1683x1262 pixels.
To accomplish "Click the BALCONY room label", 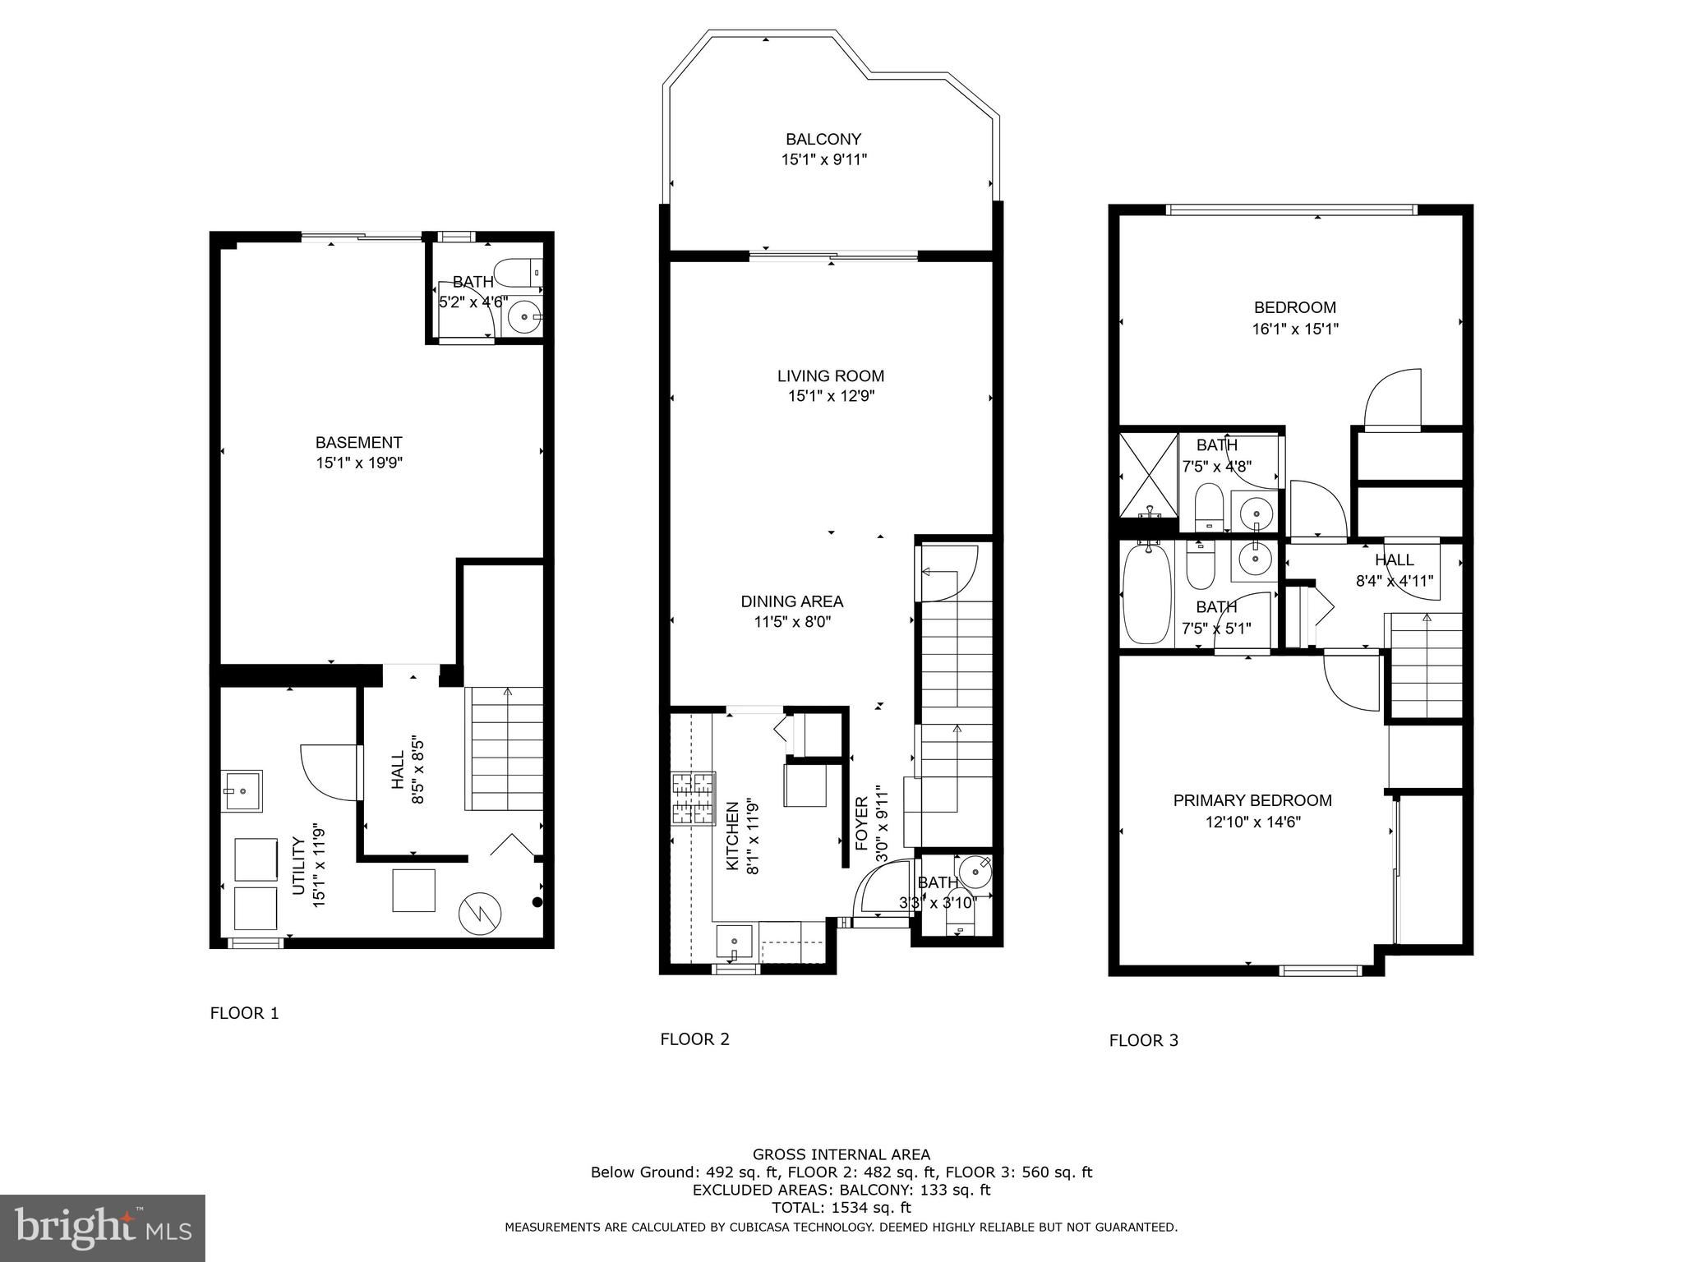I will (823, 140).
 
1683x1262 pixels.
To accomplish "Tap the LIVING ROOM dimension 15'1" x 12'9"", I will (831, 397).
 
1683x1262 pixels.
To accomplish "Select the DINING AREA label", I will (792, 601).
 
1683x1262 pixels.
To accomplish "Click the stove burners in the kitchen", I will (694, 798).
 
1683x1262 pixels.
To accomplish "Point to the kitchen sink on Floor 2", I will (734, 942).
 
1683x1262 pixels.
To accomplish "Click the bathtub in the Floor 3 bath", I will (1146, 594).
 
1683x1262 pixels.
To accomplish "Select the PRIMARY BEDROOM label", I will (1252, 800).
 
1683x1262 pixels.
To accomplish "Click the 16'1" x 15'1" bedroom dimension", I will (1295, 329).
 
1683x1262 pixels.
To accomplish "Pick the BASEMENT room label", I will (359, 443).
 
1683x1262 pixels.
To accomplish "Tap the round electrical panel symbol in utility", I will (479, 913).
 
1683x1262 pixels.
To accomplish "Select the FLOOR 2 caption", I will (694, 1039).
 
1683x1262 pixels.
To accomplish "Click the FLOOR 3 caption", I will (1143, 1041).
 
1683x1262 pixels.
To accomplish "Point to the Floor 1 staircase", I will (505, 748).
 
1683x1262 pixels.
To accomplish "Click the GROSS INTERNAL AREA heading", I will (841, 1154).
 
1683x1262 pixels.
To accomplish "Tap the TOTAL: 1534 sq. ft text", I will (841, 1208).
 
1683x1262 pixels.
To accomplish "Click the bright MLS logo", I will (102, 1227).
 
